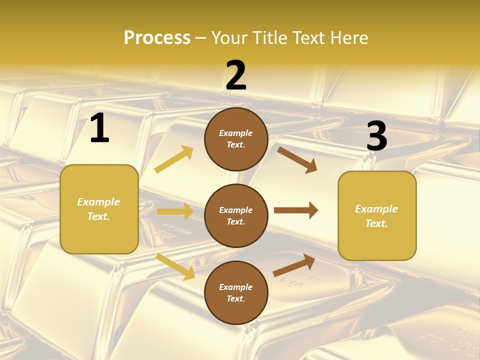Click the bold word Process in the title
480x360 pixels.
pos(157,38)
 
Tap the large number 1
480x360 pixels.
pos(99,128)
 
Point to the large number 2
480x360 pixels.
pos(236,75)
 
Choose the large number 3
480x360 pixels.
pos(376,136)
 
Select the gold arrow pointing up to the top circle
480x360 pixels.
pos(174,159)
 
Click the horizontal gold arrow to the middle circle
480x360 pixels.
pos(175,211)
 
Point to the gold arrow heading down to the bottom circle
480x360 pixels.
pos(175,266)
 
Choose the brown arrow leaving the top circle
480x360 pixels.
pos(297,159)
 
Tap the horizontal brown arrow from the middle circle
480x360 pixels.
pos(296,210)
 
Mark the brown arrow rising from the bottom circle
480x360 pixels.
pos(294,265)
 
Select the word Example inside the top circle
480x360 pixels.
pos(235,133)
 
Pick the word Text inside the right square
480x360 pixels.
pos(376,223)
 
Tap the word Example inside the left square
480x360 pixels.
pos(98,202)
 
